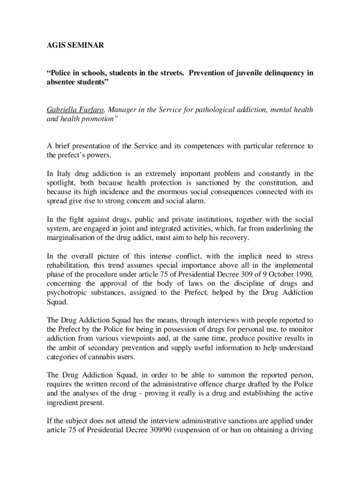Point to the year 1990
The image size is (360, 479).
(x=302, y=274)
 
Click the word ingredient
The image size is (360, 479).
(x=63, y=402)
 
